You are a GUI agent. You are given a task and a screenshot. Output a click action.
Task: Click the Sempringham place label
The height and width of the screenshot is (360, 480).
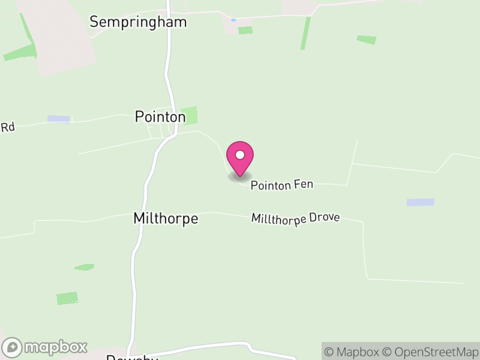click(x=138, y=22)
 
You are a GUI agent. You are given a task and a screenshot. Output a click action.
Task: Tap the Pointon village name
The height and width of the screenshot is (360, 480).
click(x=160, y=116)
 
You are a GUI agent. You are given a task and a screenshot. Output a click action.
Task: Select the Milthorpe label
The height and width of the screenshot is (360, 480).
click(x=165, y=218)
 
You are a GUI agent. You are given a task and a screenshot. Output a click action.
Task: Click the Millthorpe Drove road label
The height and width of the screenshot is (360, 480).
click(x=296, y=218)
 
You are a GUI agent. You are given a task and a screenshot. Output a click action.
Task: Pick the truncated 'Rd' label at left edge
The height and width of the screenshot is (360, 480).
click(x=7, y=127)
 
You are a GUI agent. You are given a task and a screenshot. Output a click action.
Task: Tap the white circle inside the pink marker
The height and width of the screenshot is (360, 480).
click(x=240, y=155)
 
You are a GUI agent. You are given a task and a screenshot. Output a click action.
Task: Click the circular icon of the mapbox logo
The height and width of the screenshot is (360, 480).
click(x=12, y=347)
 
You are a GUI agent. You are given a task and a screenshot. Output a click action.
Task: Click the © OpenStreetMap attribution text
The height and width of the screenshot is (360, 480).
click(x=431, y=352)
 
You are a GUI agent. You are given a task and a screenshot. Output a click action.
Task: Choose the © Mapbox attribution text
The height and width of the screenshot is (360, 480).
click(x=352, y=352)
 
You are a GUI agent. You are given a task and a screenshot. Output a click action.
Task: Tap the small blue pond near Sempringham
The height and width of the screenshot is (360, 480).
click(x=233, y=20)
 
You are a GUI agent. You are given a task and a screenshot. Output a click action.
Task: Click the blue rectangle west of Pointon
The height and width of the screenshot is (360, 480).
click(x=59, y=119)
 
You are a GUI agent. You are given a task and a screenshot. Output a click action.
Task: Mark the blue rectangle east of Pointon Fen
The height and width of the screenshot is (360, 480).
click(x=420, y=202)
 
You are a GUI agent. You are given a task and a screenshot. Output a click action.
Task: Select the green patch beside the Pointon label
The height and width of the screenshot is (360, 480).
click(x=191, y=115)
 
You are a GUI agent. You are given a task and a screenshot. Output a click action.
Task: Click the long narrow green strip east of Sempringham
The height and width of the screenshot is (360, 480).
click(x=305, y=34)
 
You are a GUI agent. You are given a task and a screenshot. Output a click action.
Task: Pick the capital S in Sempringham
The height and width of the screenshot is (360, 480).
click(x=94, y=22)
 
